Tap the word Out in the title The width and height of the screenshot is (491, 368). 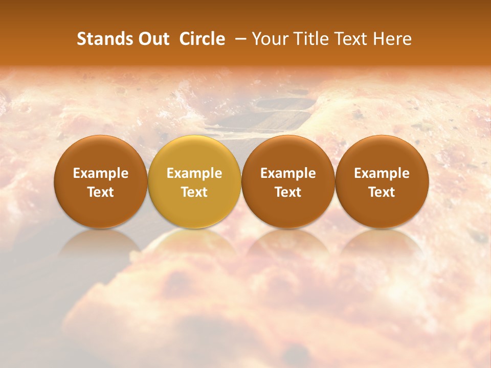(152, 39)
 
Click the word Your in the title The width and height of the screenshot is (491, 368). (269, 39)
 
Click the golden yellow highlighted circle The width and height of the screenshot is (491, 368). (194, 181)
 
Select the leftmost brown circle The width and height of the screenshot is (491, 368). (100, 181)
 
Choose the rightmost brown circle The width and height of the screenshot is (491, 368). (382, 181)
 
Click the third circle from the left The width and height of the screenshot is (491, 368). (288, 181)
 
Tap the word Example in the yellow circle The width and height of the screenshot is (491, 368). (194, 173)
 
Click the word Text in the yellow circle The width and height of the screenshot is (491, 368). (194, 192)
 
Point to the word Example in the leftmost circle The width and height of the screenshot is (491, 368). (100, 173)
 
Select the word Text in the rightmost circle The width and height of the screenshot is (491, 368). (382, 192)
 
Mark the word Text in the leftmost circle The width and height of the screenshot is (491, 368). (100, 192)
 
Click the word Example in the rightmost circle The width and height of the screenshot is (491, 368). (382, 173)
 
